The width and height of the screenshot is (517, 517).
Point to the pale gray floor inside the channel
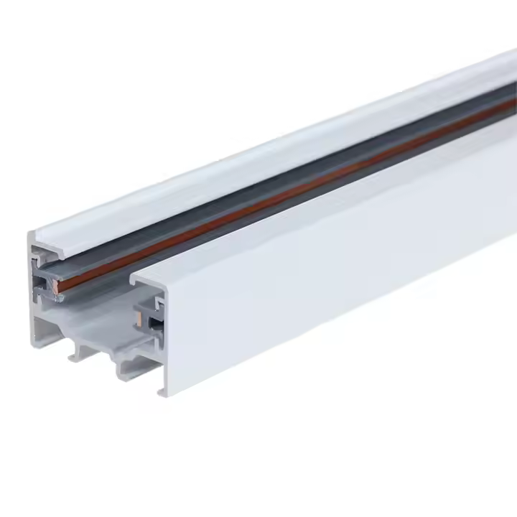[93, 316]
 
